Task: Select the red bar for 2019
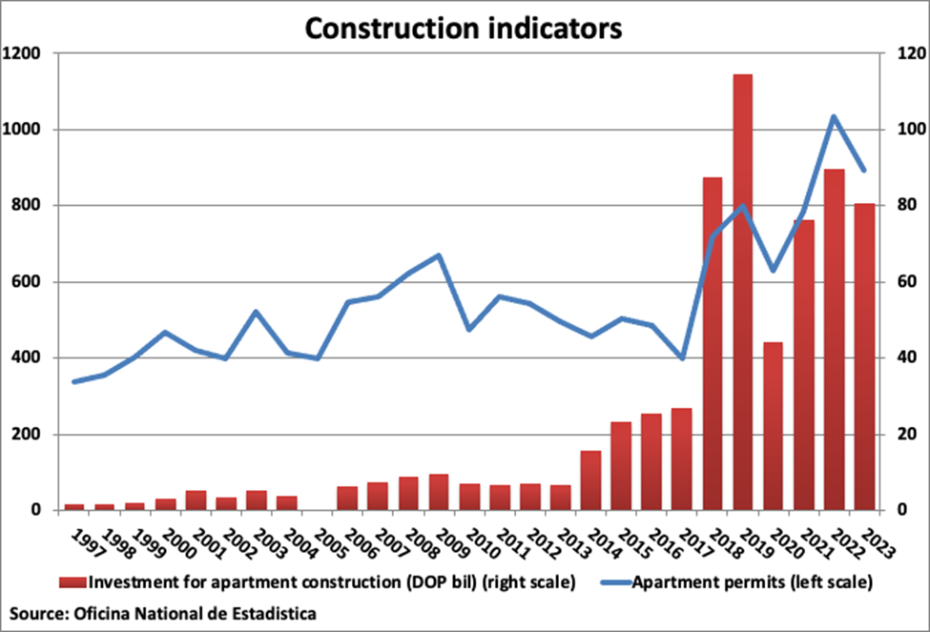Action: (743, 292)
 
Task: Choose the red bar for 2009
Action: (439, 492)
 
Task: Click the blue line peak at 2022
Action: (834, 117)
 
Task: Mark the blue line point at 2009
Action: (439, 255)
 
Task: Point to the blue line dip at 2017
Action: (682, 358)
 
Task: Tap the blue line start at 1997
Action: (73, 381)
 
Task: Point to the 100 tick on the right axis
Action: (902, 130)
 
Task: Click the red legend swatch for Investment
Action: (72, 581)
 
